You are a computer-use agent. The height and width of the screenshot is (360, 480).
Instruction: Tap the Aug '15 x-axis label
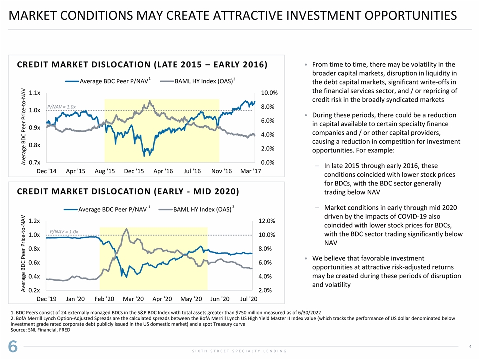pyautogui.click(x=105, y=171)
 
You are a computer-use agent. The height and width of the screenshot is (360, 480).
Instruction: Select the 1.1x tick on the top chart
pyautogui.click(x=35, y=93)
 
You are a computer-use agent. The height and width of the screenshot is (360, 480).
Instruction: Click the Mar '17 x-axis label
pyautogui.click(x=250, y=171)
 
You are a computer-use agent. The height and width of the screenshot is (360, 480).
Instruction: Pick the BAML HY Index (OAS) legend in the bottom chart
pyautogui.click(x=202, y=209)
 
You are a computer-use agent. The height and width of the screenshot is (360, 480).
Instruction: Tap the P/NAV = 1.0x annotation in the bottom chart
pyautogui.click(x=64, y=231)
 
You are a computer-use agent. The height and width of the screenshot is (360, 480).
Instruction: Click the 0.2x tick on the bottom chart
pyautogui.click(x=35, y=290)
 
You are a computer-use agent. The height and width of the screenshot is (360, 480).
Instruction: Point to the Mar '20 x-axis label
pyautogui.click(x=133, y=299)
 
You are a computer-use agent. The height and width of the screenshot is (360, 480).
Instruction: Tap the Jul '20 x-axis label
pyautogui.click(x=248, y=299)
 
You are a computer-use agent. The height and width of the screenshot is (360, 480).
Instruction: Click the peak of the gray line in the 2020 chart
pyautogui.click(x=127, y=229)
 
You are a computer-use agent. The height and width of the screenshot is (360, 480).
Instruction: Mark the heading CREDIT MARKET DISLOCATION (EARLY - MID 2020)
pyautogui.click(x=128, y=192)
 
